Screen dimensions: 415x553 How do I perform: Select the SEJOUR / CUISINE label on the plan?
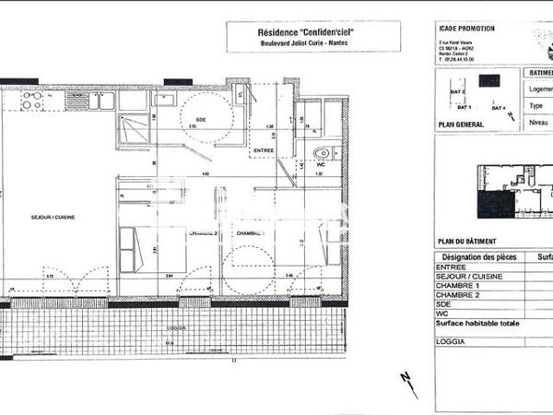tap(53, 219)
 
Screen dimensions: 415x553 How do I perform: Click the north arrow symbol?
tap(408, 385)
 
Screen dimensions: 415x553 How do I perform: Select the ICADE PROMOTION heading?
tap(466, 29)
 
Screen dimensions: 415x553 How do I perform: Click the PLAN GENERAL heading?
tap(461, 123)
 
